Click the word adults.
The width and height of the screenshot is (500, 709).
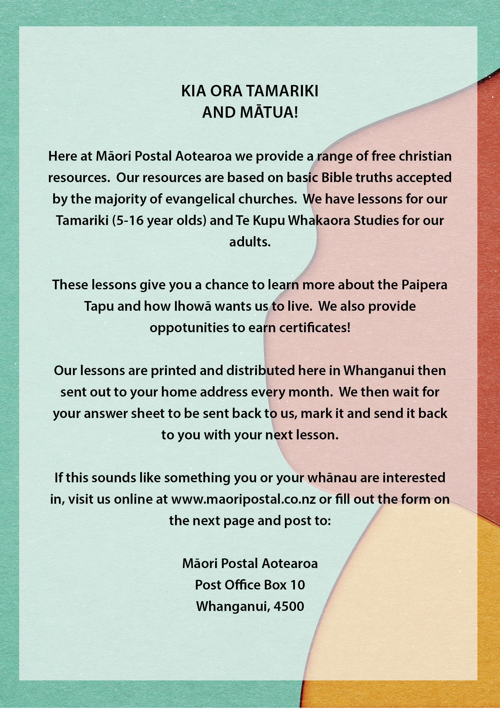click(x=250, y=242)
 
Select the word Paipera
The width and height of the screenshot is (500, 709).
click(x=424, y=285)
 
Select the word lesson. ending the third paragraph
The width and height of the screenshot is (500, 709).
click(x=317, y=435)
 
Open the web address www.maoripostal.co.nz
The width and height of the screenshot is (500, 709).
click(x=243, y=499)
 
